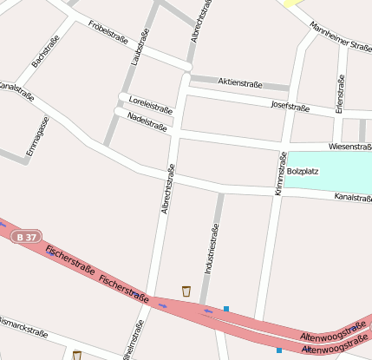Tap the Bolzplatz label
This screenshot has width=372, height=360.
[303, 171]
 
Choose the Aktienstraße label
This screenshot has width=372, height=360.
[239, 82]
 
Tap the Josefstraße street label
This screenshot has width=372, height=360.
[290, 107]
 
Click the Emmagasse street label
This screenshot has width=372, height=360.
[37, 136]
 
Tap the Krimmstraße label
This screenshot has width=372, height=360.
[281, 173]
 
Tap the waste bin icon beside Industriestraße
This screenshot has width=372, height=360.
[186, 291]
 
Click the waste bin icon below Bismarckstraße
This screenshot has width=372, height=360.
[77, 355]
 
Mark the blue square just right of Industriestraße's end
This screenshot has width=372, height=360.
[226, 308]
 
